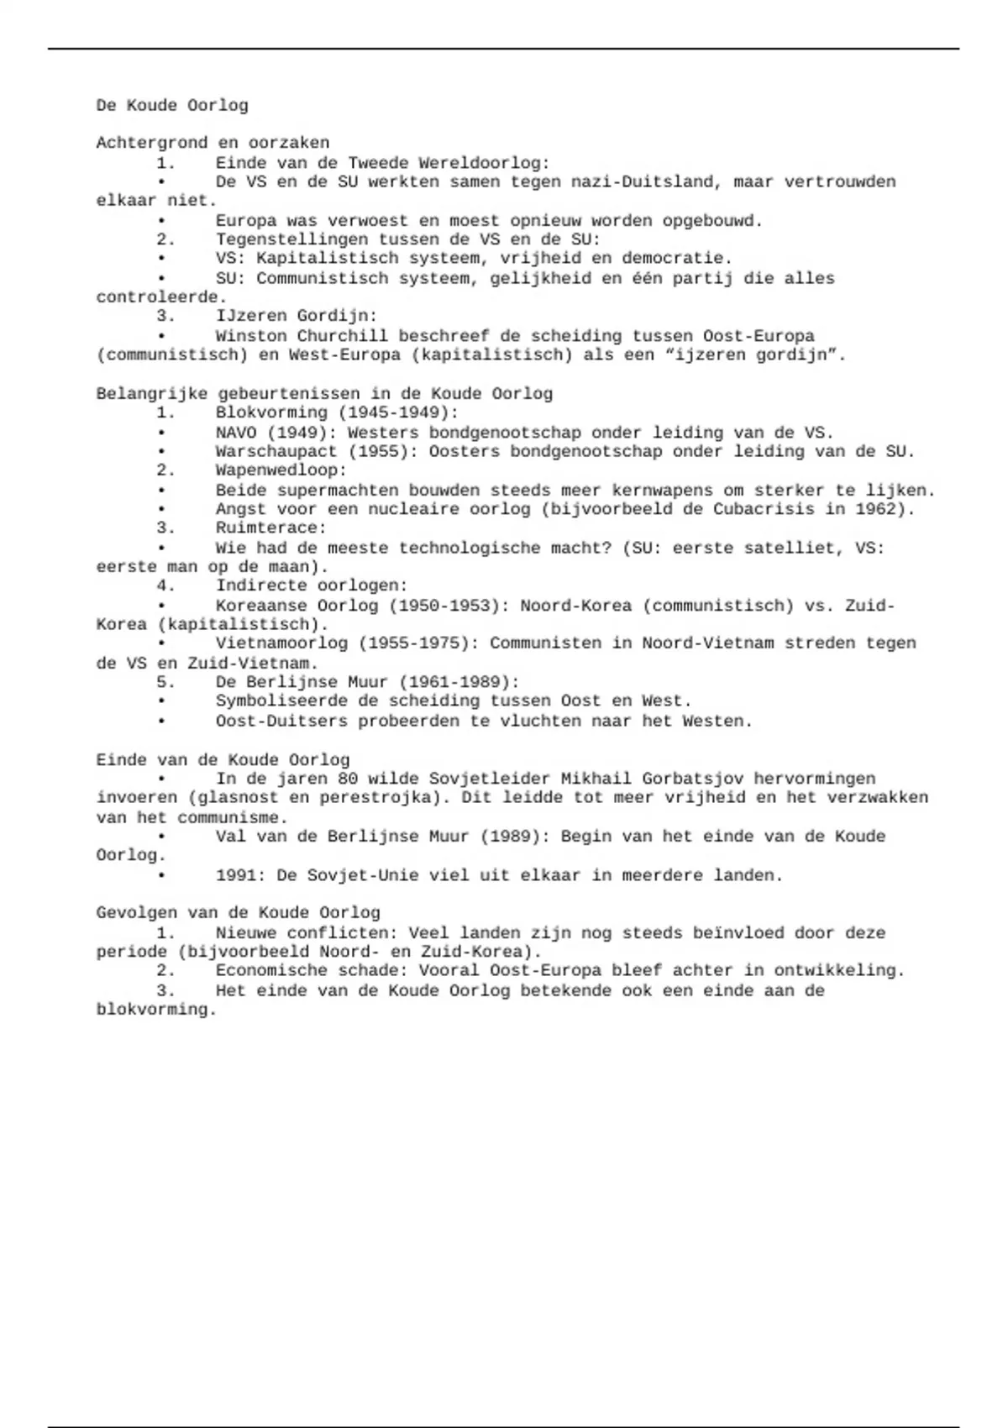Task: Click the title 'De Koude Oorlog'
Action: [x=172, y=106]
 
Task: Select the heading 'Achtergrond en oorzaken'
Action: [x=213, y=143]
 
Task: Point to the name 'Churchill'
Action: [x=342, y=336]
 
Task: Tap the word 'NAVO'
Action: [x=235, y=433]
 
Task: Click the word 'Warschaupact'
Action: [x=276, y=452]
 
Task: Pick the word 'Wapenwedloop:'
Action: [x=281, y=470]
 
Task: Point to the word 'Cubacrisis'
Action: [x=764, y=509]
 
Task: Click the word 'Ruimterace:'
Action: [x=270, y=528]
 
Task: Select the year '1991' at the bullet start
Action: [x=236, y=875]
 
